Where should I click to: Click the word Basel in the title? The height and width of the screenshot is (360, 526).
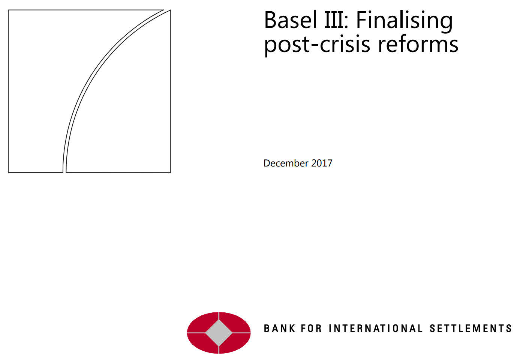pos(291,20)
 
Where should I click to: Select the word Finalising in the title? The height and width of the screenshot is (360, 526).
pos(405,22)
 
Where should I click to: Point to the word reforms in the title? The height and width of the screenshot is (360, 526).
pos(418,44)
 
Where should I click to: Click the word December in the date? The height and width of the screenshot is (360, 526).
pos(286,163)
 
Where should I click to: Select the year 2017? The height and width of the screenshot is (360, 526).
pos(322,163)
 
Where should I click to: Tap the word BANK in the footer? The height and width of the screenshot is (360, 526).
pos(279,328)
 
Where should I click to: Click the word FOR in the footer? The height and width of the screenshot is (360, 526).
pos(311,328)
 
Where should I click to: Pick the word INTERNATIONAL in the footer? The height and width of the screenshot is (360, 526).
pos(376,328)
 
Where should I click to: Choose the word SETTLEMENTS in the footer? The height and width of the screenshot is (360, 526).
pos(471,328)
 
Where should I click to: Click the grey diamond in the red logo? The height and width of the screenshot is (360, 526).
pos(219,333)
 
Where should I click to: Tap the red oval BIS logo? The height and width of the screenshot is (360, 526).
pos(219,333)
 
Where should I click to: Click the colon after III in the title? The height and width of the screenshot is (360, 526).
pos(346,23)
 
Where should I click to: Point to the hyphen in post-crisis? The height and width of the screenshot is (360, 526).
pos(315,45)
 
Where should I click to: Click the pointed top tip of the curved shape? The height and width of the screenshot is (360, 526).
pos(171,10)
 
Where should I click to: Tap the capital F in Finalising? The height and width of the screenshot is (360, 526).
pos(362,20)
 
